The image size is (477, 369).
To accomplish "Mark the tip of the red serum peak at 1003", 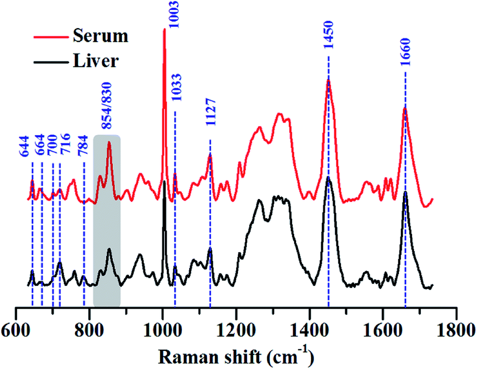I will (x=164, y=29).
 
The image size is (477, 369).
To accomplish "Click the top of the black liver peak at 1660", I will (x=405, y=192).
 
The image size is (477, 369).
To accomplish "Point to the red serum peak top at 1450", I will (x=328, y=80).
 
